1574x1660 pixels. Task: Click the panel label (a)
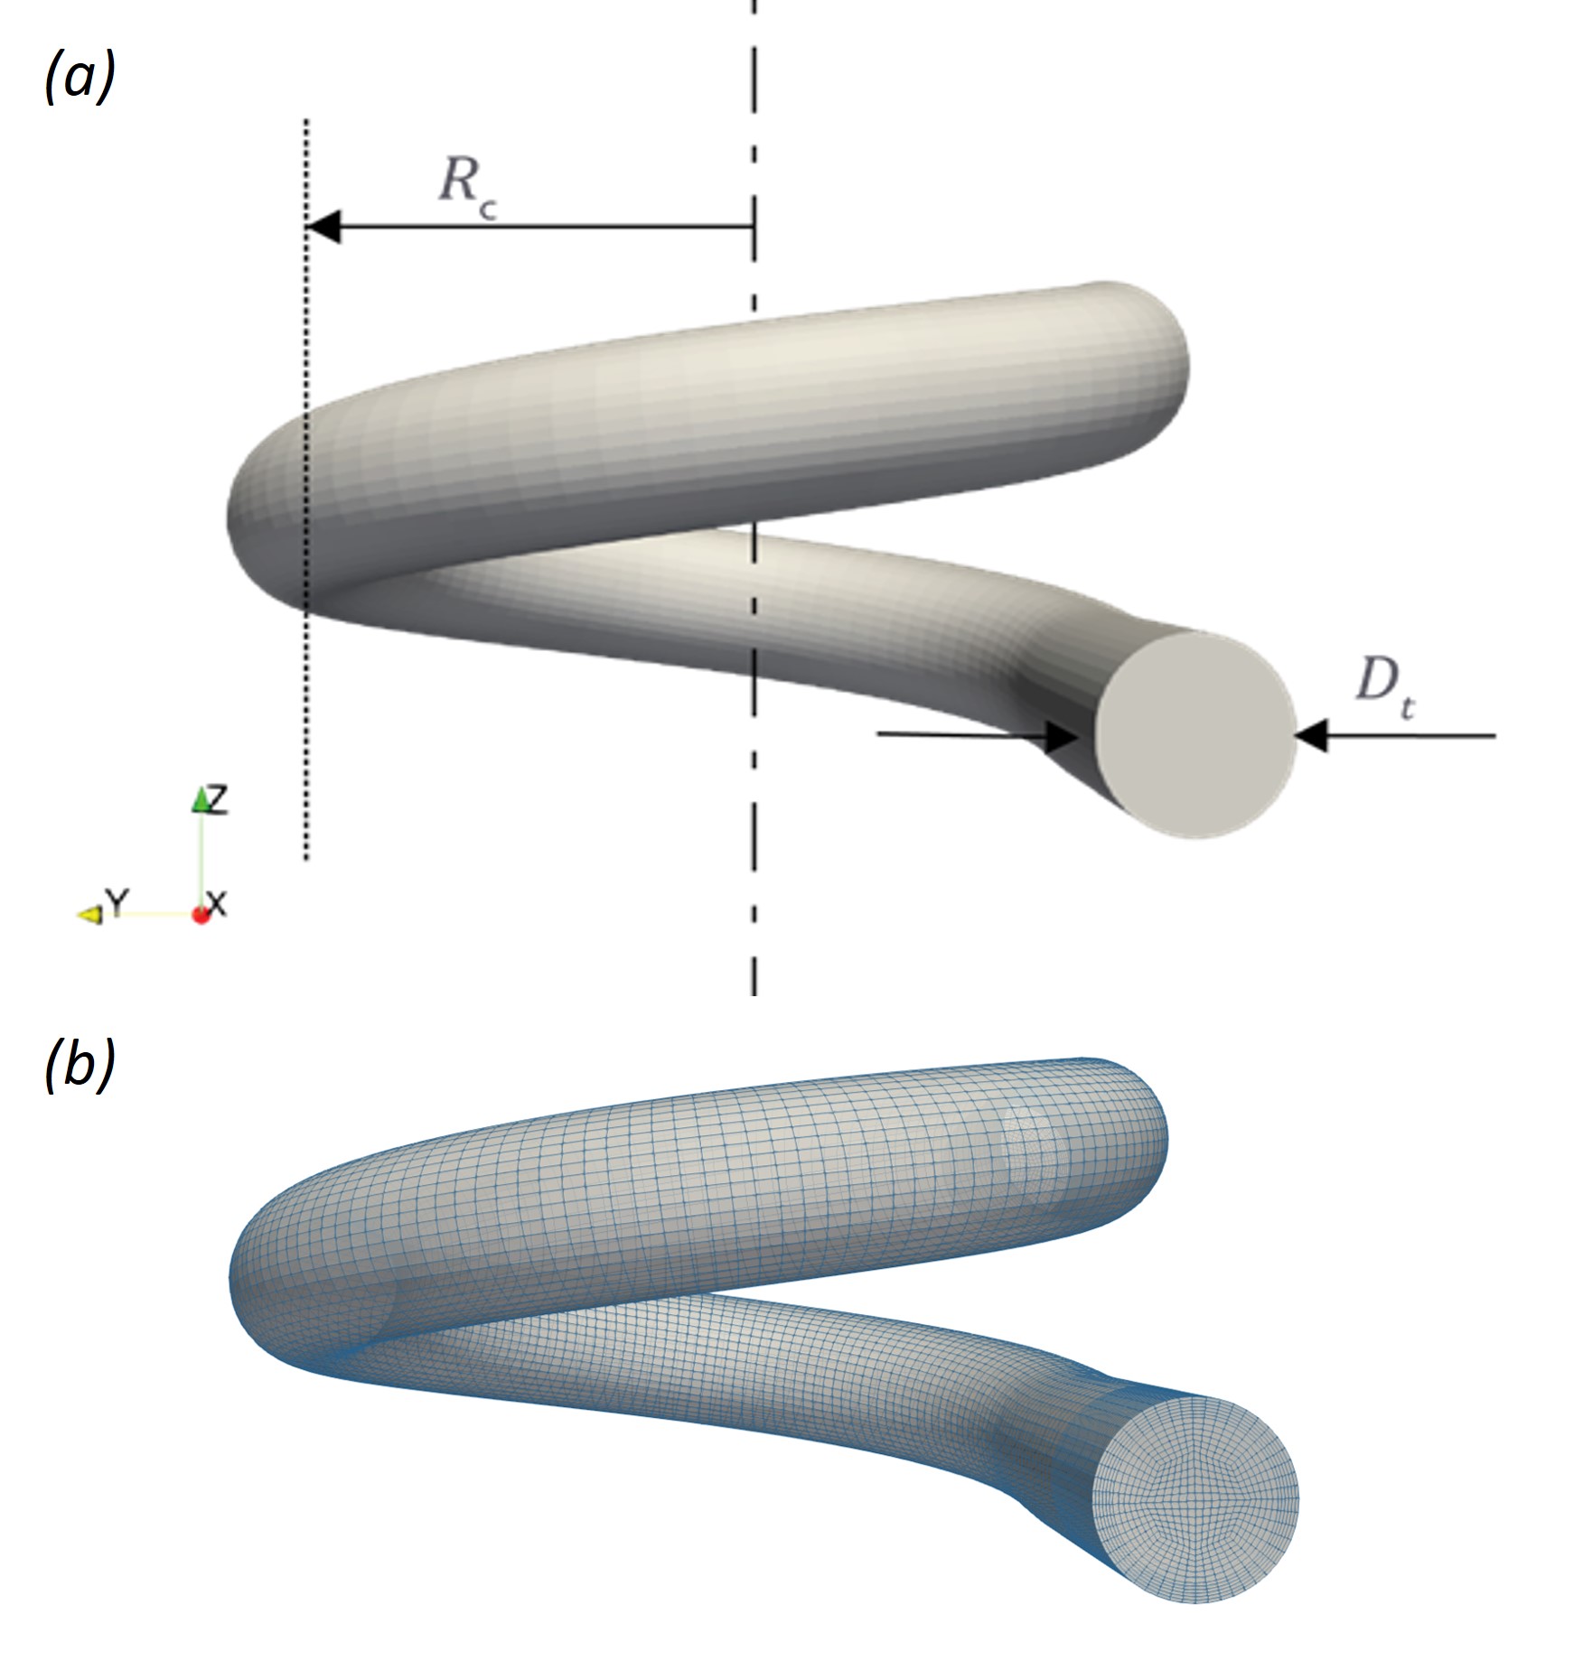(x=80, y=79)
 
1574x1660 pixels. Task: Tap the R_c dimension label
(x=466, y=185)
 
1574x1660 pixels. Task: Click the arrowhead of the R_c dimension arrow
(x=323, y=227)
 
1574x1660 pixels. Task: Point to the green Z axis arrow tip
(x=201, y=798)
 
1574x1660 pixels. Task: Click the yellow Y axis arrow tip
(x=89, y=915)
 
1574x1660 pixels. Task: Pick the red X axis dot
(x=201, y=915)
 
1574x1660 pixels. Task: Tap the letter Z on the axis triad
(x=218, y=799)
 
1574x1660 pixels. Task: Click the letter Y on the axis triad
(x=117, y=900)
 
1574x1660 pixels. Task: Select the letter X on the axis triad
(x=218, y=902)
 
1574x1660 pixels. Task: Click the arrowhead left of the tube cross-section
(x=1063, y=736)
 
